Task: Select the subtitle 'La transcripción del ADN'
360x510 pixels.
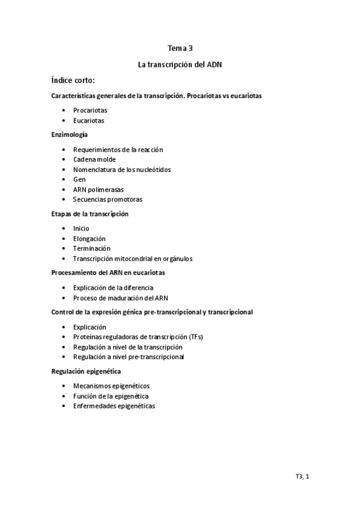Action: [x=180, y=63]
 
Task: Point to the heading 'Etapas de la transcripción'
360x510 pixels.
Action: [x=90, y=214]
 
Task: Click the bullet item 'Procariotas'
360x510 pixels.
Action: [x=90, y=111]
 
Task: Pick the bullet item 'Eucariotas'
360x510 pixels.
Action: [x=88, y=120]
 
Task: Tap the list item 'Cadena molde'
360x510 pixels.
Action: [x=94, y=159]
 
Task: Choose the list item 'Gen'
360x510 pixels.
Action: [x=79, y=179]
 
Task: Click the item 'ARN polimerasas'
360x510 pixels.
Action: [x=99, y=189]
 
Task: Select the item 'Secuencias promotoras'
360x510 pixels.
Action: [x=108, y=199]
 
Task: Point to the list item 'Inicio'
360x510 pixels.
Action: [x=81, y=229]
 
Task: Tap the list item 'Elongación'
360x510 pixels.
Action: [x=89, y=239]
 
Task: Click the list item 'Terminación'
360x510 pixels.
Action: [x=91, y=248]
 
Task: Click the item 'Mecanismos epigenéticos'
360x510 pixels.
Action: [x=111, y=386]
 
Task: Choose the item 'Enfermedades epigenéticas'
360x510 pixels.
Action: [x=114, y=406]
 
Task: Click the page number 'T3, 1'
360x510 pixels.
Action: [x=302, y=477]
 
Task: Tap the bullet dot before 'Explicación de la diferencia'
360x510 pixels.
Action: [x=64, y=288]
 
